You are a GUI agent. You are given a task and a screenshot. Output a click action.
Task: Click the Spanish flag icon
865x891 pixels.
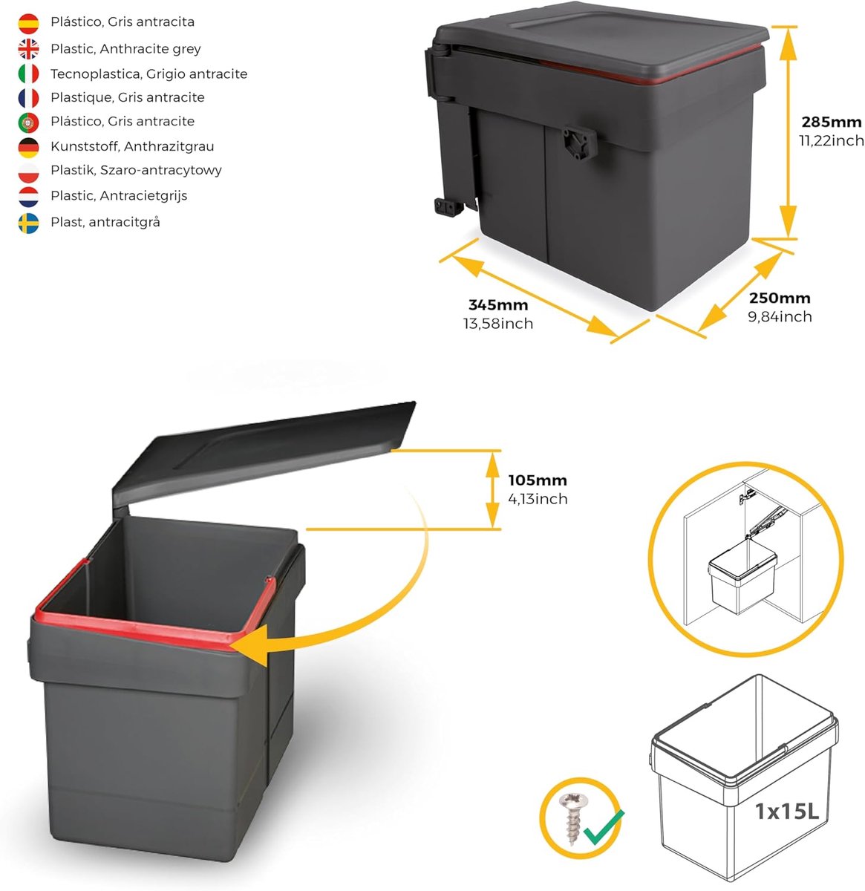tap(28, 23)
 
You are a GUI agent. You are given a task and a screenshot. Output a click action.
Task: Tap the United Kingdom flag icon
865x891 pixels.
tap(28, 49)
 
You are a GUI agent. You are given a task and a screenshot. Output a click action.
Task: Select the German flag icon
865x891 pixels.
tap(28, 148)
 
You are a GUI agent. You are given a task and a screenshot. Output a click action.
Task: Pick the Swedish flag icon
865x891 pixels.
tap(28, 223)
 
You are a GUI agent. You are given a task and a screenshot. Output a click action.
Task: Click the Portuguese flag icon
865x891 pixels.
tap(28, 123)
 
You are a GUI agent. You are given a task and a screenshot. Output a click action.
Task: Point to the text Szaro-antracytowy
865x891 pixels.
tap(160, 170)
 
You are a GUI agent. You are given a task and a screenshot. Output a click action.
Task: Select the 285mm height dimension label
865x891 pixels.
tap(831, 122)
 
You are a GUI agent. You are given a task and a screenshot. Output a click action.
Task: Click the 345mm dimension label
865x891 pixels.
tap(497, 304)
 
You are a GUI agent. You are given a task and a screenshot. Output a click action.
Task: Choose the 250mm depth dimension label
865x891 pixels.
tap(780, 298)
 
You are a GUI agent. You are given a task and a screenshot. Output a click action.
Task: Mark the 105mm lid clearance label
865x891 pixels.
tap(537, 480)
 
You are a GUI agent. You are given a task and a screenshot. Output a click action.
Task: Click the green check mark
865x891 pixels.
tap(604, 827)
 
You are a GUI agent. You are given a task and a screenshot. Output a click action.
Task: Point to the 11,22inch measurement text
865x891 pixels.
tap(831, 140)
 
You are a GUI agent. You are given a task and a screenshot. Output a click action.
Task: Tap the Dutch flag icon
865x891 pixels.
tap(28, 197)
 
